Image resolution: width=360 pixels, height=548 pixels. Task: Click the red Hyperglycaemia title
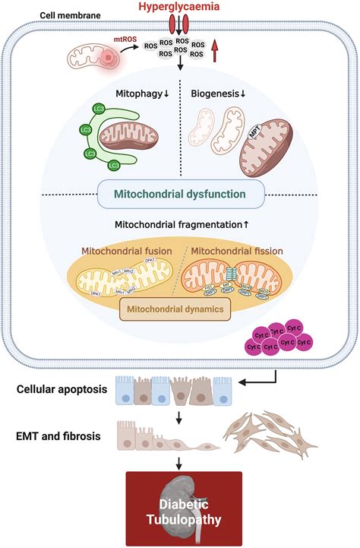coord(179,7)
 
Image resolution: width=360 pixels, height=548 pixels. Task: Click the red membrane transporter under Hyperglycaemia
coord(179,27)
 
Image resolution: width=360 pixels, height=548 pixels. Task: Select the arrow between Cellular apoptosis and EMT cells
coord(179,414)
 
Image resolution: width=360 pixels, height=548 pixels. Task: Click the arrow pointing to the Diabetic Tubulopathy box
coord(179,462)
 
